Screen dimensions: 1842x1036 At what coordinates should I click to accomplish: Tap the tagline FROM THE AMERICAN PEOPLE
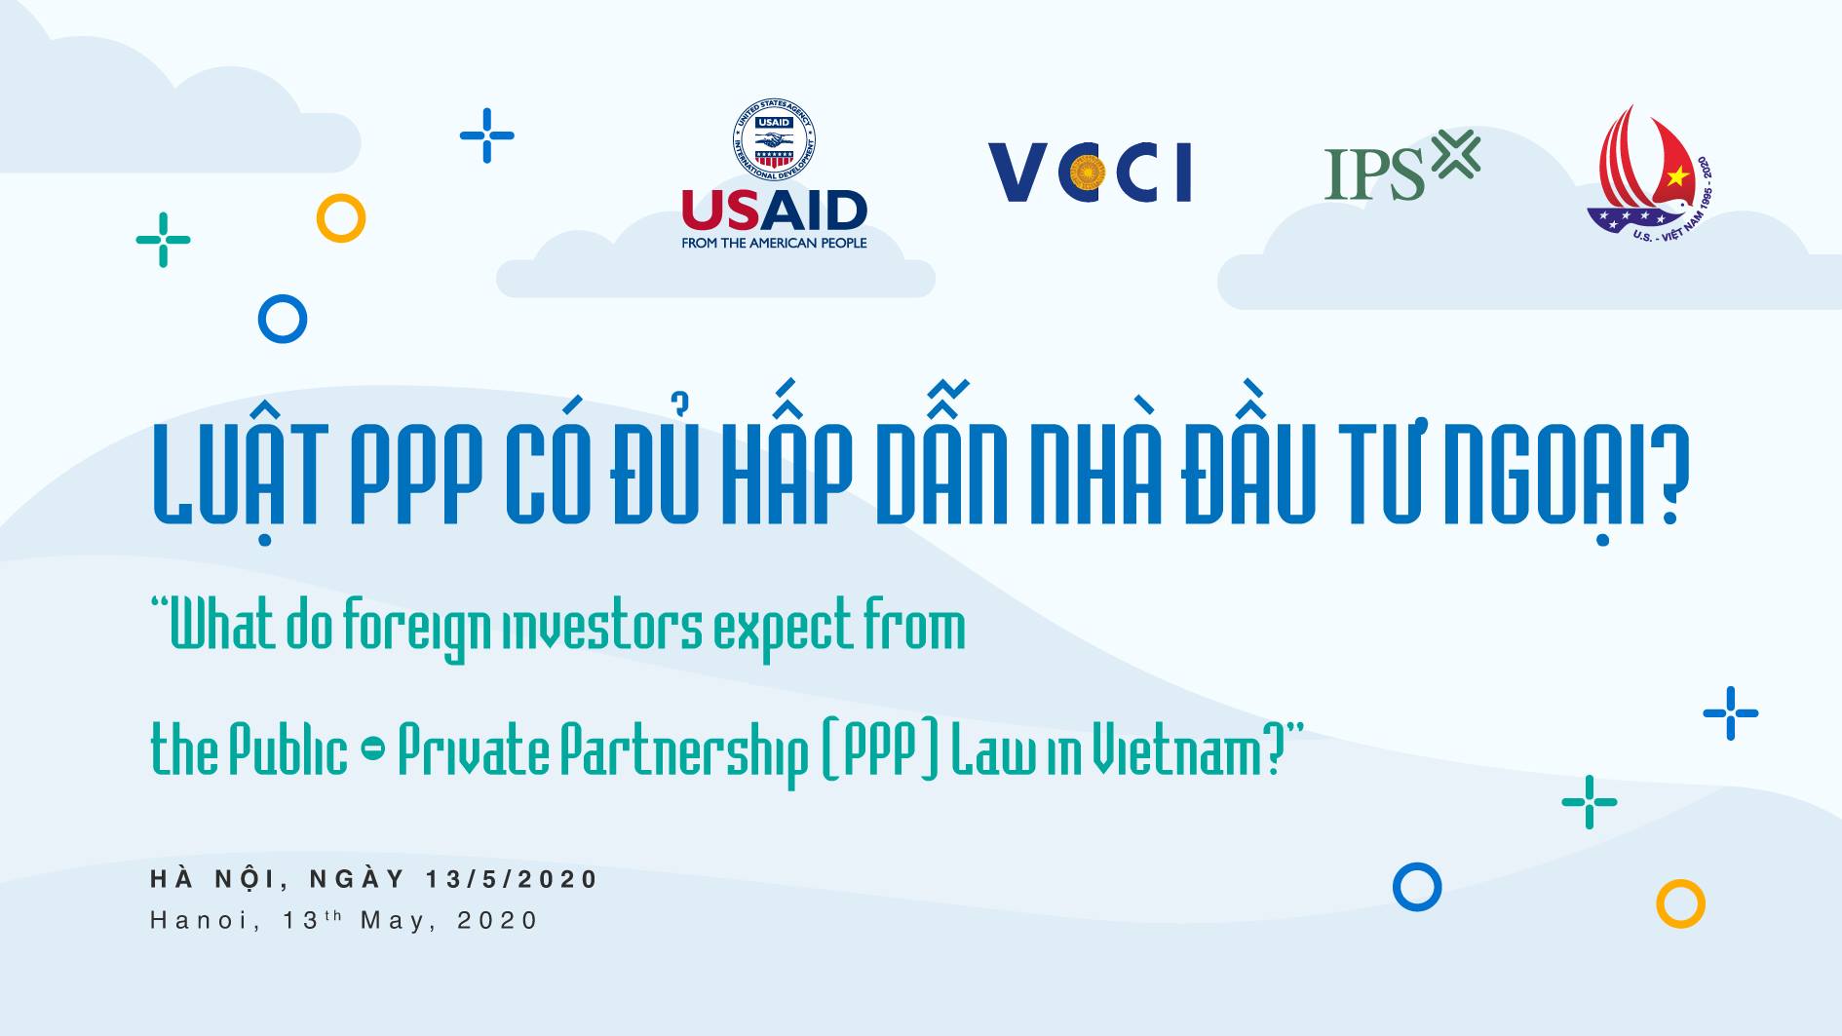coord(774,243)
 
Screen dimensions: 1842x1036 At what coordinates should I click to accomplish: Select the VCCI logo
coord(1090,173)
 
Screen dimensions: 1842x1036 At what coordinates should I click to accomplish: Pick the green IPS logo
coord(1401,166)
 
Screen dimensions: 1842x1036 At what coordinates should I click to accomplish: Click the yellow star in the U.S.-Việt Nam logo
coord(1676,176)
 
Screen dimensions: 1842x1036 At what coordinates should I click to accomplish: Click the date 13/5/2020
coord(512,879)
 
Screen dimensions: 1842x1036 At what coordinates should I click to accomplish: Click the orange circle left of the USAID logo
coord(341,218)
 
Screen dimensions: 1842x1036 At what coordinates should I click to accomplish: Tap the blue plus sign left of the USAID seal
coord(487,135)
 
